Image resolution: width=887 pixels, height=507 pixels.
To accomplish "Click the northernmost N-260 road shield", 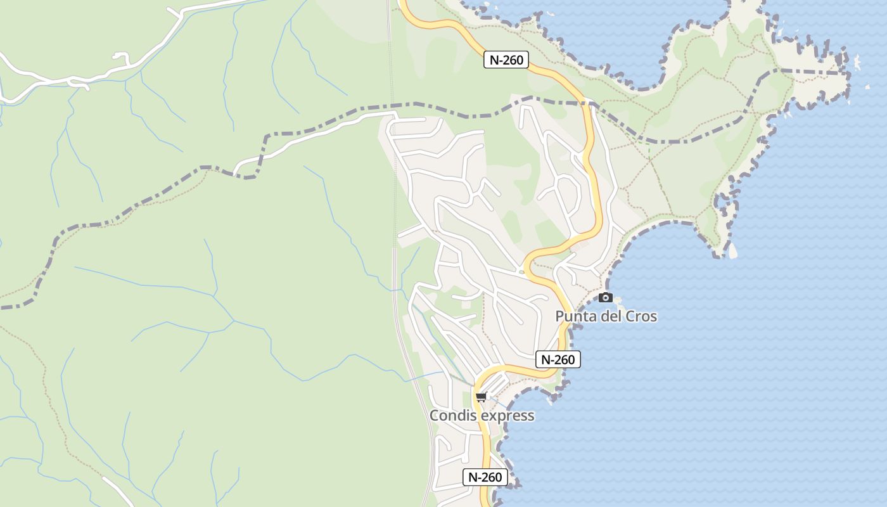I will coord(506,60).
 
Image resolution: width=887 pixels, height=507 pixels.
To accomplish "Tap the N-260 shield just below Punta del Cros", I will coord(558,359).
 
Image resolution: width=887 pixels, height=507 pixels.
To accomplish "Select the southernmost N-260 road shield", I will coord(485,477).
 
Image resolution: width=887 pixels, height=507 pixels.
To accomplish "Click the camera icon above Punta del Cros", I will coord(606,297).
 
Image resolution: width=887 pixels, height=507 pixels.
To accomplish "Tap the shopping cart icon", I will coord(482,397).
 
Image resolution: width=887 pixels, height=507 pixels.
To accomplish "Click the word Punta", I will coord(575,316).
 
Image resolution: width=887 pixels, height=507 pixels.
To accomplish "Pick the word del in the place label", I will coord(610,316).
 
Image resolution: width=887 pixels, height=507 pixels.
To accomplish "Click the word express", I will coord(507,416).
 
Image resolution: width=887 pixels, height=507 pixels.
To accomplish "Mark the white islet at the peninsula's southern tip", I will coord(732,251).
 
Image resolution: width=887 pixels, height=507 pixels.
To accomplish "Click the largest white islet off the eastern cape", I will coord(857,62).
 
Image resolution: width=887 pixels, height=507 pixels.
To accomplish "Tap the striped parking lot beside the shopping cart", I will coord(497,384).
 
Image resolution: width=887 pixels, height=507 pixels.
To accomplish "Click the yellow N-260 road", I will coord(596,190).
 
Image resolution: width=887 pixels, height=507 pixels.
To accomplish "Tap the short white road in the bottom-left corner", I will coord(118,491).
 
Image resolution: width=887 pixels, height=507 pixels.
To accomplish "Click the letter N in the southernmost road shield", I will coord(472,477).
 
